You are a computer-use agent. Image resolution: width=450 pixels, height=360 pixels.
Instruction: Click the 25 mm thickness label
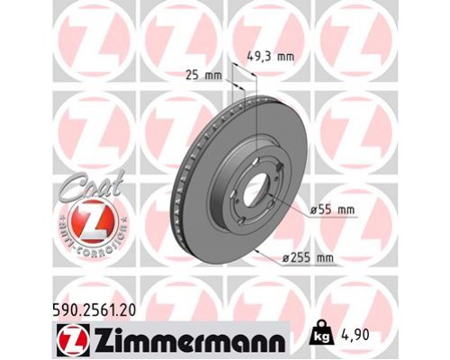coord(210,75)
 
